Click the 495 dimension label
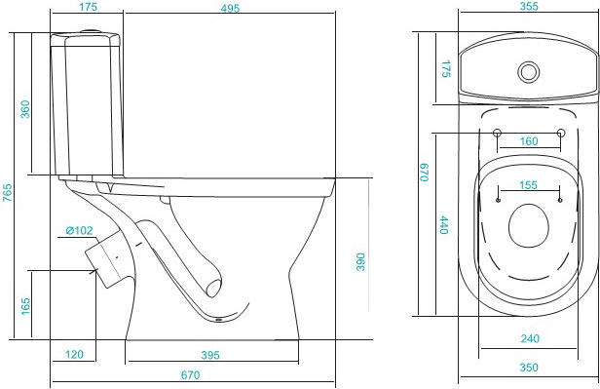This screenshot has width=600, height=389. [x=230, y=8]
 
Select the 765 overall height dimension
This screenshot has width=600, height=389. [x=7, y=193]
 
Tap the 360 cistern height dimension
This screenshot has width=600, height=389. [x=25, y=109]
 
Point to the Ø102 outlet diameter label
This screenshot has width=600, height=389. [x=79, y=230]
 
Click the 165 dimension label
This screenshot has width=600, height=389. [x=25, y=306]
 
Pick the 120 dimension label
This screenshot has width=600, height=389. [x=74, y=354]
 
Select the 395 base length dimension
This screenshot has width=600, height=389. [x=210, y=355]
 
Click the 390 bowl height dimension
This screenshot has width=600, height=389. [x=360, y=262]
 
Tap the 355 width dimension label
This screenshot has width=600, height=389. [x=529, y=6]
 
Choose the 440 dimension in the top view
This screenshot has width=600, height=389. [x=444, y=225]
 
